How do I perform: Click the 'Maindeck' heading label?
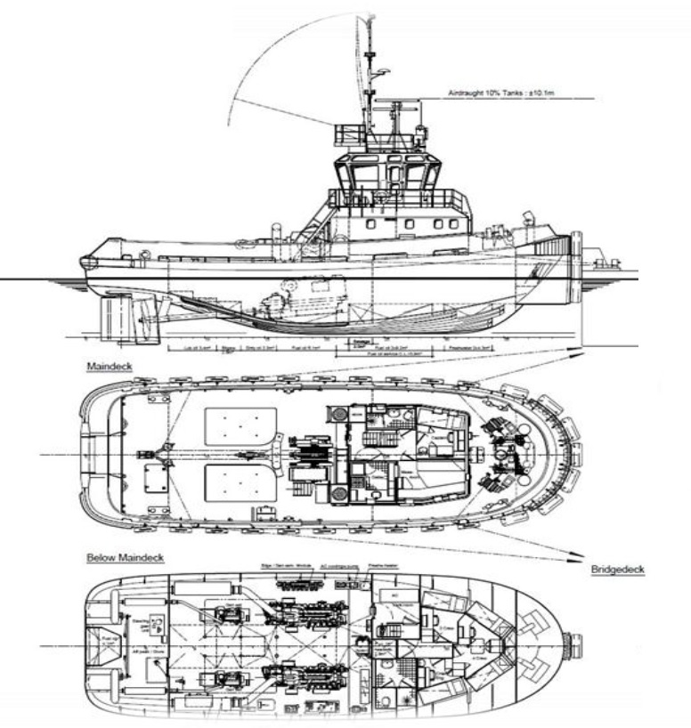coord(104,366)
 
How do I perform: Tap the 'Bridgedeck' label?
coord(619,567)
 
